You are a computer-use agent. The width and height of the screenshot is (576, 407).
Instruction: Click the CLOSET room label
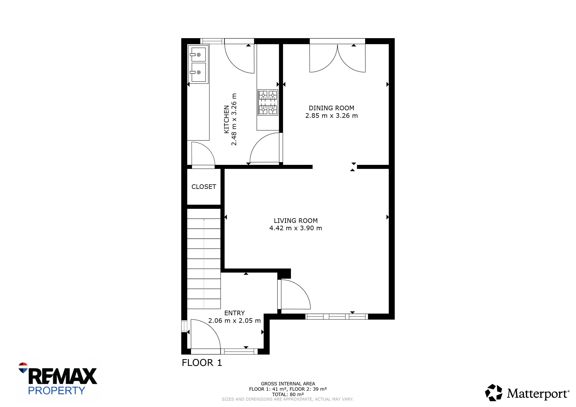coord(204,187)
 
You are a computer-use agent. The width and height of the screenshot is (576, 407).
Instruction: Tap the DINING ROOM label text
coord(331,108)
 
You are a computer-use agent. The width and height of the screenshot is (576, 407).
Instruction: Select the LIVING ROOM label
coord(296,221)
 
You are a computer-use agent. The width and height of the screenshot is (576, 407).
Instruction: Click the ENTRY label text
coord(235,313)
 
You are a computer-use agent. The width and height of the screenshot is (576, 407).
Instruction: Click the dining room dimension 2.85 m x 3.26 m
coord(331,116)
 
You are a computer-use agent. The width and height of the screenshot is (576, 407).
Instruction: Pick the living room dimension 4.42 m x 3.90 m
coord(296,228)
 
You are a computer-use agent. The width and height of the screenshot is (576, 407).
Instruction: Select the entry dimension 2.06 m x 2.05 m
coord(235,320)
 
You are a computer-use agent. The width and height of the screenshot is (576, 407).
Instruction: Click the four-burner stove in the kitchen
coord(268,102)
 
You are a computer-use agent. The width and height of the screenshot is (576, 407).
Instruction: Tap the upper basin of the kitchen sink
coord(198,54)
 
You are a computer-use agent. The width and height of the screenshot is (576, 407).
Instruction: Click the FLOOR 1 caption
coord(202,363)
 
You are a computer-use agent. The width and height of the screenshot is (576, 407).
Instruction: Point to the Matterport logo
coord(527,393)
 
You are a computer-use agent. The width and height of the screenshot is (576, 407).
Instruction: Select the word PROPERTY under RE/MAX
coord(57,391)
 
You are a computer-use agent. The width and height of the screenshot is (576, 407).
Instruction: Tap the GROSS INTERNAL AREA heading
coord(288,384)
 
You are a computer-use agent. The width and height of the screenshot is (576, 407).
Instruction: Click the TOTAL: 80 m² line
coord(288,394)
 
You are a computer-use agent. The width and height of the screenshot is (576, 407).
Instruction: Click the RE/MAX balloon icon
coord(23,368)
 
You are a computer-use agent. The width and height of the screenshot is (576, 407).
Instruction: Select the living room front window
coord(337,316)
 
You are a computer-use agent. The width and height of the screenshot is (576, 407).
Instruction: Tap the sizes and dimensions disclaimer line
coord(288,399)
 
